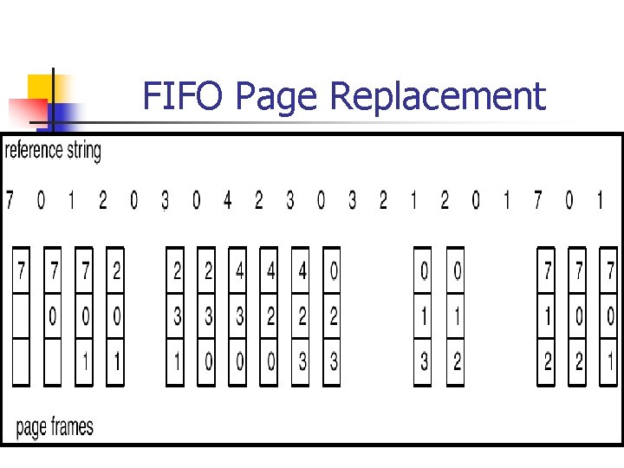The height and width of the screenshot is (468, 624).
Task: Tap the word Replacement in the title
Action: (x=438, y=96)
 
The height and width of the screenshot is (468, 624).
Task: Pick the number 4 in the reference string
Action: (x=227, y=201)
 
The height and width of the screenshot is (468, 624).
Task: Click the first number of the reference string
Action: (x=10, y=201)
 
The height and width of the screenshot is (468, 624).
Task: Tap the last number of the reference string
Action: (x=600, y=201)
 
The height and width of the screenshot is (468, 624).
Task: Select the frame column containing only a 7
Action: (x=21, y=316)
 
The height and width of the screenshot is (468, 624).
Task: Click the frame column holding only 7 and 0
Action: (x=53, y=316)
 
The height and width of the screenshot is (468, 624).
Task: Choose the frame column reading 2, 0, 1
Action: (x=116, y=316)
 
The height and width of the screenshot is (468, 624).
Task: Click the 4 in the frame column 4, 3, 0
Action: (x=239, y=272)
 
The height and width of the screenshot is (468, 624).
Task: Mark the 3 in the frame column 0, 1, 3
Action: (x=423, y=361)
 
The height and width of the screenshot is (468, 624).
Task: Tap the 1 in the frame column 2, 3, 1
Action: (x=176, y=361)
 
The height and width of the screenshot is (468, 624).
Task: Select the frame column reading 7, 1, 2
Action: (x=547, y=316)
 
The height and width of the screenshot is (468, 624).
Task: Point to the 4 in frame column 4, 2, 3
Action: (x=302, y=272)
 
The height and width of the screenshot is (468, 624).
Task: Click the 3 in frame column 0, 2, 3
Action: (x=334, y=361)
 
